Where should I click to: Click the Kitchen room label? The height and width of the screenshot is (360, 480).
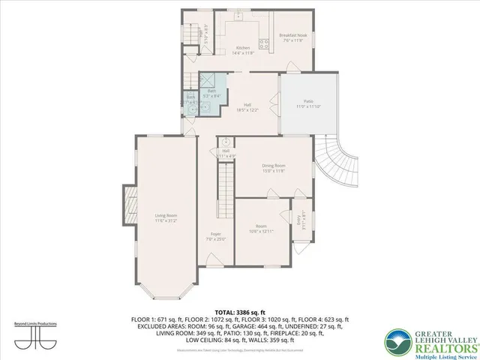coord(243,48)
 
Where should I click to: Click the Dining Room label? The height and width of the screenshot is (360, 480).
coord(274,166)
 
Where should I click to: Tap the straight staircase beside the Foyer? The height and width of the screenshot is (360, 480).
coord(225,187)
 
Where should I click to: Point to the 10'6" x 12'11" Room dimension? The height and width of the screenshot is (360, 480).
coord(261,229)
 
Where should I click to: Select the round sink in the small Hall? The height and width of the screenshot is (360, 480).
coord(224,142)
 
